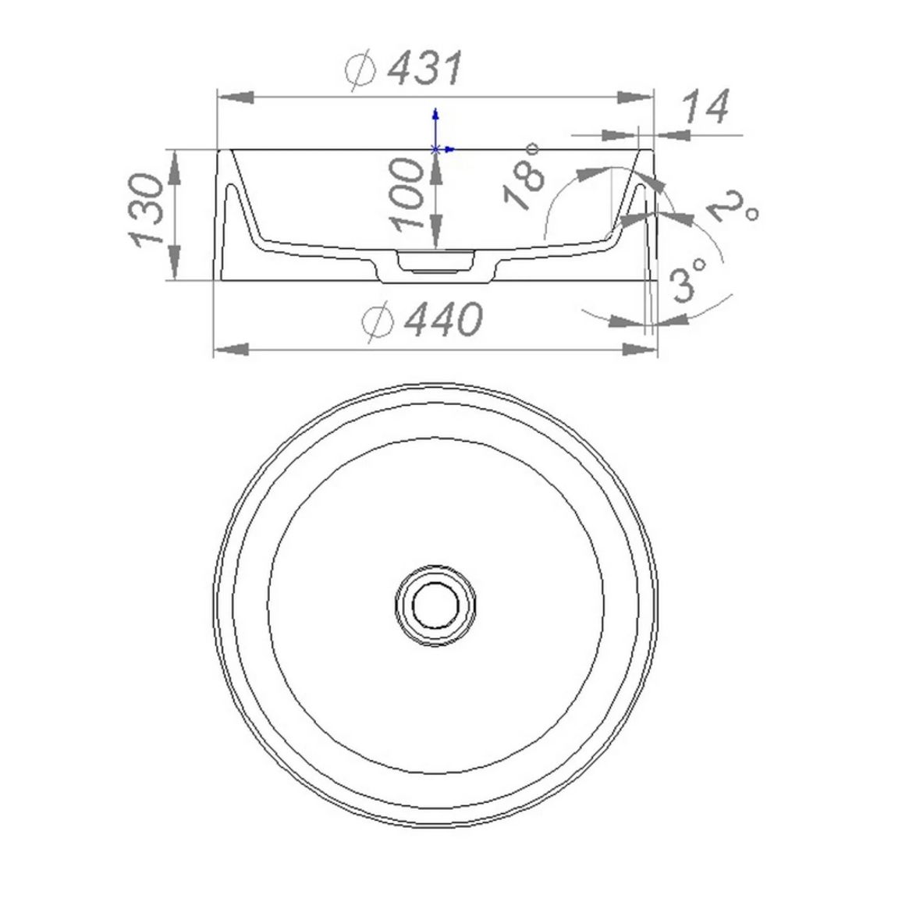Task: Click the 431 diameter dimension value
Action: click(x=425, y=69)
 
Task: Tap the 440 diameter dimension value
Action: click(x=444, y=318)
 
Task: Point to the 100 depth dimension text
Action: click(x=407, y=194)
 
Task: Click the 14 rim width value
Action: click(x=705, y=106)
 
